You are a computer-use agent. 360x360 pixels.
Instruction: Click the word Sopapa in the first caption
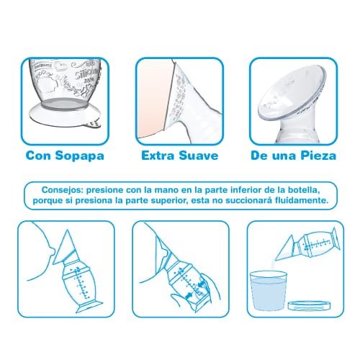80,156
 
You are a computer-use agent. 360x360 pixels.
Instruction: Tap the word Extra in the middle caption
158,156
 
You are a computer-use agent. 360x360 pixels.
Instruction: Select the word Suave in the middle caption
199,156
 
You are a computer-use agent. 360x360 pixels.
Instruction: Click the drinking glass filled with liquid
269,290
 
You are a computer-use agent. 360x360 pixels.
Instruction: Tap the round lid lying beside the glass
309,305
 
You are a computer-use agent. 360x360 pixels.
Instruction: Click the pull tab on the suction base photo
94,125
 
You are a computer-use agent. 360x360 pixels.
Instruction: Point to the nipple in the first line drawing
53,251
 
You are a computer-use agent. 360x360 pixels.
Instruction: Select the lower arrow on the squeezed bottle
189,295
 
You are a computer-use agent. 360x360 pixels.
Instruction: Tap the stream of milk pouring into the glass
273,266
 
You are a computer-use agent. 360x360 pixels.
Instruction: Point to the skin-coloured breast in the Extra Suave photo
153,101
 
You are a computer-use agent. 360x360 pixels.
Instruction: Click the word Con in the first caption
38,156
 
